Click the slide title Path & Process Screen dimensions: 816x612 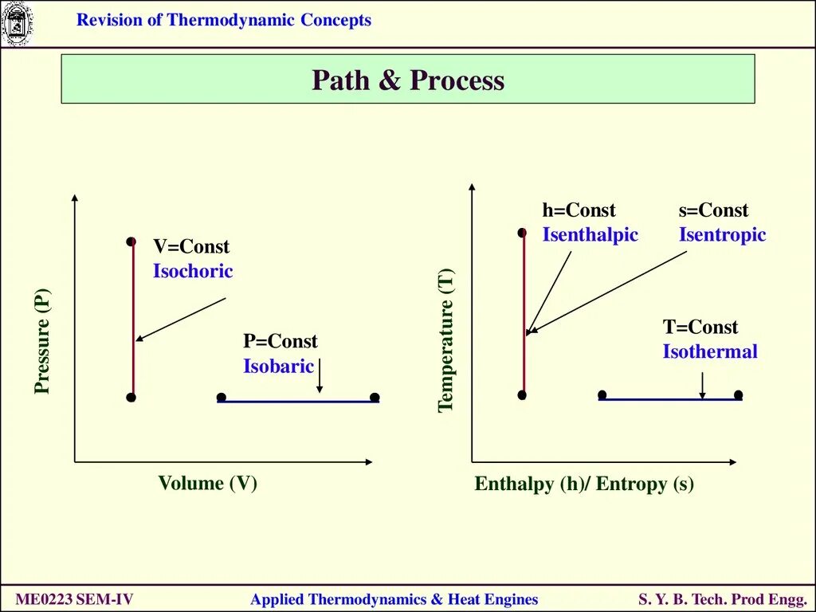(x=408, y=80)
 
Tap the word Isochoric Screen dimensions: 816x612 (x=193, y=271)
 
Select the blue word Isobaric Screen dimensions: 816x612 (x=279, y=367)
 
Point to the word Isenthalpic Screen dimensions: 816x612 (x=590, y=235)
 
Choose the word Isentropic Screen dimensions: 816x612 (x=722, y=235)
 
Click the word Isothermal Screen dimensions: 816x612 (x=710, y=351)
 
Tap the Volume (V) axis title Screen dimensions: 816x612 (x=207, y=483)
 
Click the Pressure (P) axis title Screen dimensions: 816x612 (x=42, y=341)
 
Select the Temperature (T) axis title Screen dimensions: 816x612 (x=446, y=341)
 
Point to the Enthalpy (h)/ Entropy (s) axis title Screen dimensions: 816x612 (x=584, y=484)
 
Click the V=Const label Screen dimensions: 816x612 (x=191, y=247)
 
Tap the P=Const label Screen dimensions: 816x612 (x=280, y=342)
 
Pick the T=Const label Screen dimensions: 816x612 (x=700, y=328)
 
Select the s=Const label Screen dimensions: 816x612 (x=713, y=210)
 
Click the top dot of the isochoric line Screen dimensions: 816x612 (x=131, y=241)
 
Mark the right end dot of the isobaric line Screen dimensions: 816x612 (x=375, y=398)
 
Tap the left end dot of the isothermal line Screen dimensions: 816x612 (x=602, y=394)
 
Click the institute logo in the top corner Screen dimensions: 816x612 (x=15, y=24)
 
